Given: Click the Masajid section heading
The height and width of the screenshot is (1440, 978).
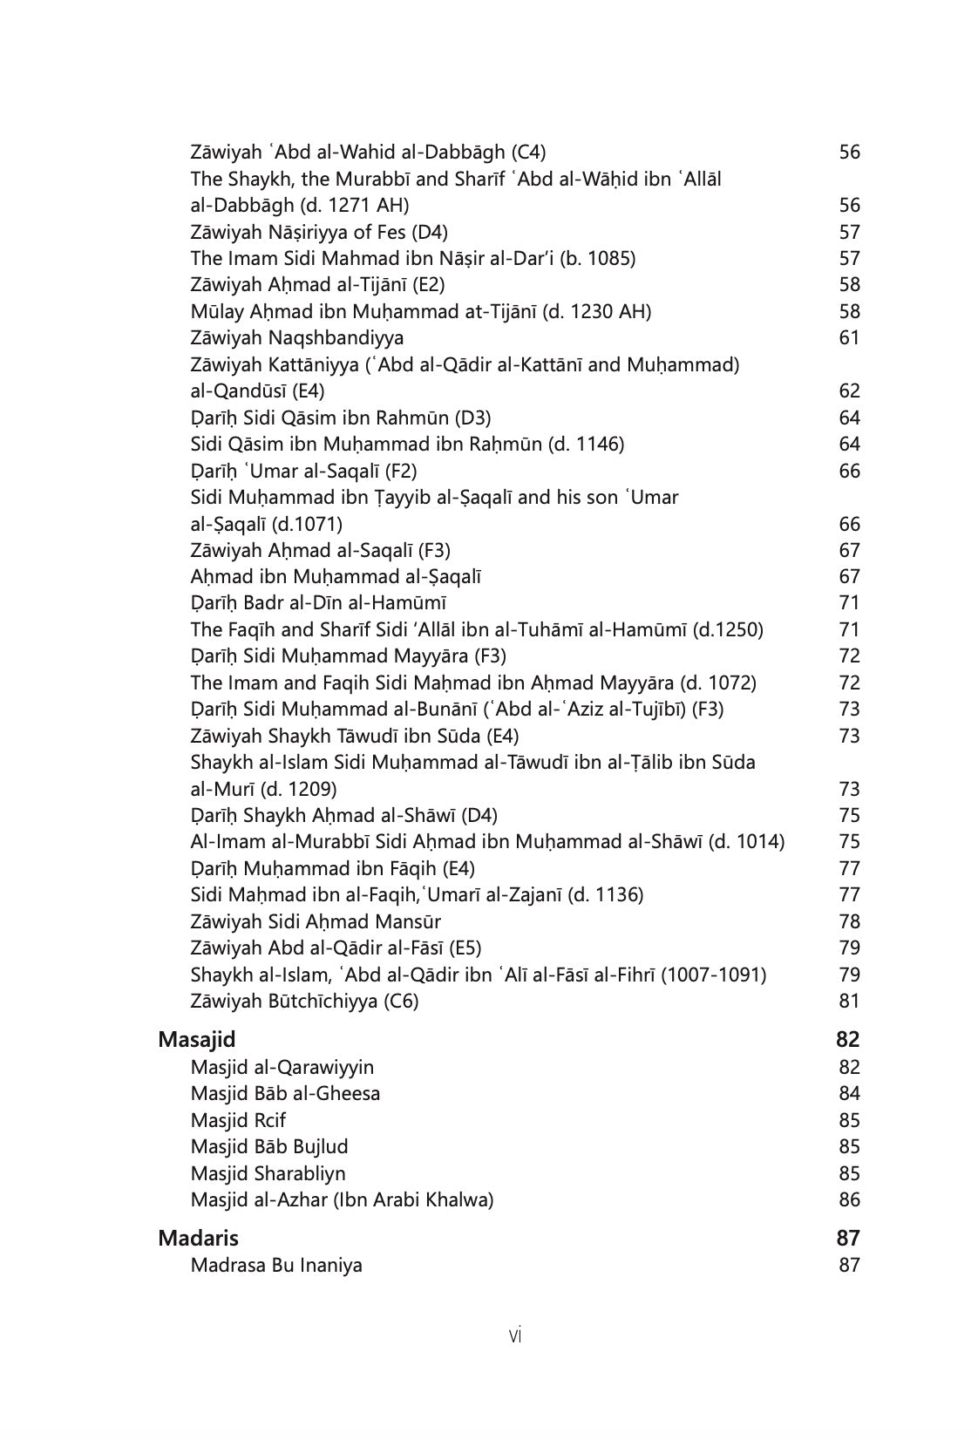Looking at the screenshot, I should (x=196, y=1039).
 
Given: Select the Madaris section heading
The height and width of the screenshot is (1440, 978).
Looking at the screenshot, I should (x=198, y=1238).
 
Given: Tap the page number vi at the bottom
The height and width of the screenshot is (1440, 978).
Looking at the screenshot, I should (x=514, y=1335).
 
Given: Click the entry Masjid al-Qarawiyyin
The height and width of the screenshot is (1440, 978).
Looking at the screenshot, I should (x=282, y=1067).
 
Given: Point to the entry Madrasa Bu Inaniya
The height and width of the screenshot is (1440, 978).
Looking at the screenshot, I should (x=276, y=1265).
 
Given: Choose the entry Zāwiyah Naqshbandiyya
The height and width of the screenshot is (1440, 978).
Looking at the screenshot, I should (x=296, y=337).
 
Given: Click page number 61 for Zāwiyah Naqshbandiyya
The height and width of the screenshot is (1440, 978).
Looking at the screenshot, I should (x=849, y=337).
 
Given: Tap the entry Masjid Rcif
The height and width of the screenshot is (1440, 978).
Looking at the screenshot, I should (x=238, y=1120).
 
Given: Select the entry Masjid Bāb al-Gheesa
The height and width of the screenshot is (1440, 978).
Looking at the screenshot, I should (x=285, y=1093).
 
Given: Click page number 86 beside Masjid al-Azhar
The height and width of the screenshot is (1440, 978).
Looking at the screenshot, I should (x=849, y=1199).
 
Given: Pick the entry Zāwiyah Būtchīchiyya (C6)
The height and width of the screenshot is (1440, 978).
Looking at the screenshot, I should (x=304, y=1001).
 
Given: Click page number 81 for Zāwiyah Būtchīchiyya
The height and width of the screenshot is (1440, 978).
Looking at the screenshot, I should (x=849, y=1001).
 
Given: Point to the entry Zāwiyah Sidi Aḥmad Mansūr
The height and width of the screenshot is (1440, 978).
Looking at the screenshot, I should (x=316, y=921).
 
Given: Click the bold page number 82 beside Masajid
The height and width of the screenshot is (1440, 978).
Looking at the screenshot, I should (x=847, y=1039).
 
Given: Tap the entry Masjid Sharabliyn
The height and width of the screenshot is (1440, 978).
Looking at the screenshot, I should (x=268, y=1173).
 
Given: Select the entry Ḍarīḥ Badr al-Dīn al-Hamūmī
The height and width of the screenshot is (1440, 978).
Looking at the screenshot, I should (x=318, y=602).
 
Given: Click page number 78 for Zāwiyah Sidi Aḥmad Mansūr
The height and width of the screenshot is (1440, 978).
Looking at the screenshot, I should (x=849, y=921).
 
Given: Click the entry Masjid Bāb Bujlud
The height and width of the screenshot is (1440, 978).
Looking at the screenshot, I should (x=269, y=1146).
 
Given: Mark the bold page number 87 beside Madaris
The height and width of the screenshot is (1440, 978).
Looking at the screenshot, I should (x=847, y=1238).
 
